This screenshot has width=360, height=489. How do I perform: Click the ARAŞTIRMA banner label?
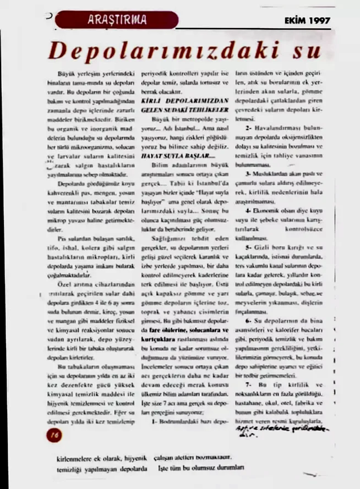[117, 20]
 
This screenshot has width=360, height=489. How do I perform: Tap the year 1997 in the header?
[319, 21]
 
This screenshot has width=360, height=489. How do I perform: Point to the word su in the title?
[308, 52]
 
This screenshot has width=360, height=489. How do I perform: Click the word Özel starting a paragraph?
[69, 284]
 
